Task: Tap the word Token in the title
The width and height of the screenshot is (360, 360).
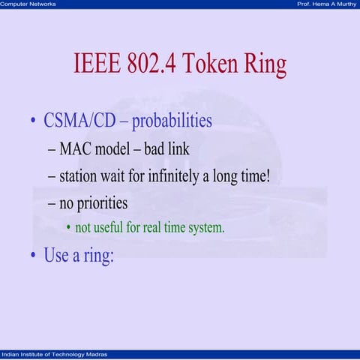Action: pos(213,65)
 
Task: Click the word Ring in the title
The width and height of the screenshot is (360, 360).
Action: pos(266,65)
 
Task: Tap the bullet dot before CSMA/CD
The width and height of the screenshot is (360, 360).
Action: pos(33,121)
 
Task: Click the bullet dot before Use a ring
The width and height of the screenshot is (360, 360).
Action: pos(33,256)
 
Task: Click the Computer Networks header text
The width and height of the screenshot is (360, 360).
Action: pos(28,4)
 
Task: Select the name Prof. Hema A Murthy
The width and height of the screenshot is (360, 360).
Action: pos(327,4)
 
